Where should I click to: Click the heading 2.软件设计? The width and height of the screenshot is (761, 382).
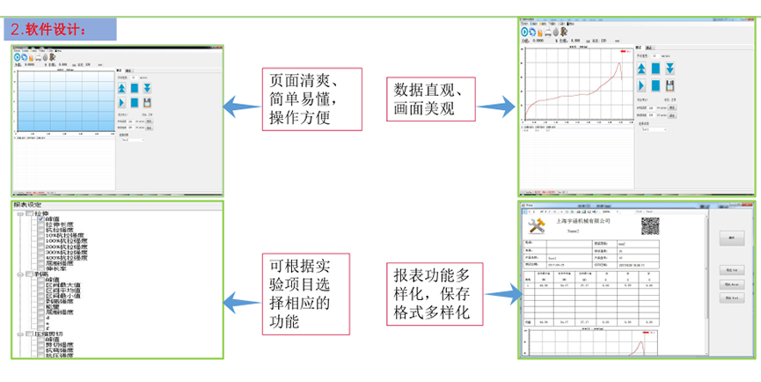(x=49, y=29)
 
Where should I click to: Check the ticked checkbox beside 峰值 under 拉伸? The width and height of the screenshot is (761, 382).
(x=40, y=218)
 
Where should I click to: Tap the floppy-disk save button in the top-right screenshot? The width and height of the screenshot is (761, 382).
(x=670, y=85)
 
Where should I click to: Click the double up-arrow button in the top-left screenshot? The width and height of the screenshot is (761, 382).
(x=121, y=88)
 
